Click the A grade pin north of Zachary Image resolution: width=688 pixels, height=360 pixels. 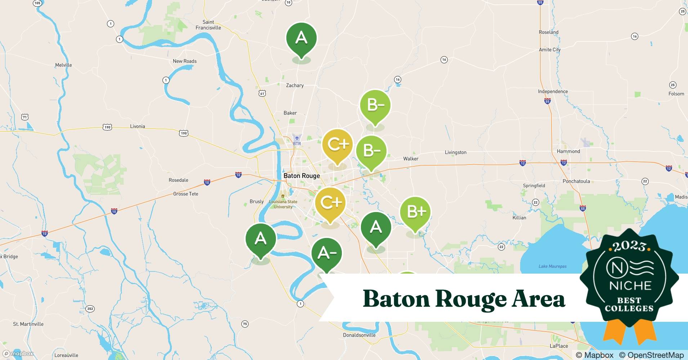tap(301, 38)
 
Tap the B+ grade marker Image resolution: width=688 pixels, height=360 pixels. tap(415, 212)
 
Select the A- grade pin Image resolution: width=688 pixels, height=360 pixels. tap(326, 253)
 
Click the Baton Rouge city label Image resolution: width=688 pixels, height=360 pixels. tap(301, 176)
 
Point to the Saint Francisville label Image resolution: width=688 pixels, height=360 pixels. tap(208, 25)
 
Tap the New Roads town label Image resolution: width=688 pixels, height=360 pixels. tap(184, 61)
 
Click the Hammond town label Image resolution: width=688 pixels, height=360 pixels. tap(568, 151)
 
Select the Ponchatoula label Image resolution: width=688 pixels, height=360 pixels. tap(576, 181)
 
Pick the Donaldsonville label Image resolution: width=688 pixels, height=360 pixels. tap(359, 335)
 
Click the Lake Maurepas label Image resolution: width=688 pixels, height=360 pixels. tap(552, 266)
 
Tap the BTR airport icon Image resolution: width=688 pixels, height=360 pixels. tap(297, 138)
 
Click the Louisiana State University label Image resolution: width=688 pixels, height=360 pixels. tap(283, 204)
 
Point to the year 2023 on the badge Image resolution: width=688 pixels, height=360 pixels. tap(629, 246)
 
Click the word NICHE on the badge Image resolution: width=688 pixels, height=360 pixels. tap(630, 286)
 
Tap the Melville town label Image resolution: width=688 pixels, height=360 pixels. tap(63, 65)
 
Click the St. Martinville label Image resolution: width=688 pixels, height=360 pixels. tap(28, 324)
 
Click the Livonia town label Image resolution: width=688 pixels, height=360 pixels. tap(137, 126)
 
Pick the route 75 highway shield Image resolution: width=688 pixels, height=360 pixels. tap(245, 324)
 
